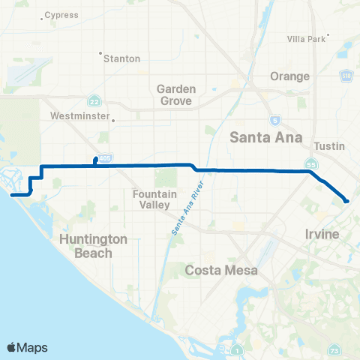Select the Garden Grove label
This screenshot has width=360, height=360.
(175, 94)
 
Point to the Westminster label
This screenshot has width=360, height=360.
(78, 116)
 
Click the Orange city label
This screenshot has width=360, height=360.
(290, 76)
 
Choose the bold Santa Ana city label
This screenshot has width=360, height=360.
(265, 137)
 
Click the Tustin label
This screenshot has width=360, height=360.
(328, 146)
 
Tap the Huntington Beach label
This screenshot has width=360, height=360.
(93, 246)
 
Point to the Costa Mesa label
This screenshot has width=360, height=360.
(221, 269)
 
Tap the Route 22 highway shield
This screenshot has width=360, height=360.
(93, 100)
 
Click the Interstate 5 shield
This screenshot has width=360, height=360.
(275, 120)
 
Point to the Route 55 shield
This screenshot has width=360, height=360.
(310, 163)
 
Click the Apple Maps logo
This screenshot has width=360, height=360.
(27, 347)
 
